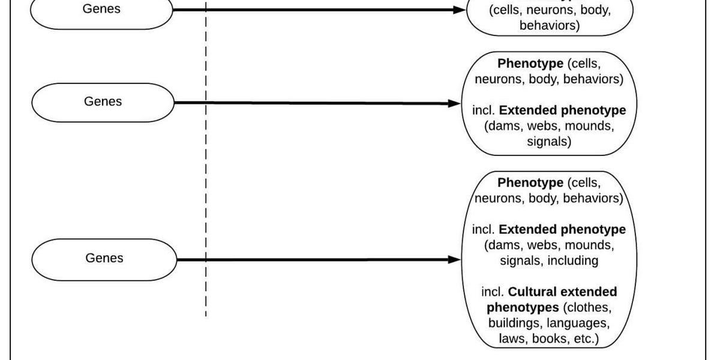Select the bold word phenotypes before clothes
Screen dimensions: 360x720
pyautogui.click(x=523, y=308)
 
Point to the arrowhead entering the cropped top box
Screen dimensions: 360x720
pyautogui.click(x=459, y=10)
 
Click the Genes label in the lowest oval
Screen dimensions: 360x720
pyautogui.click(x=104, y=258)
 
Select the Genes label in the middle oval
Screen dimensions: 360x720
pyautogui.click(x=103, y=101)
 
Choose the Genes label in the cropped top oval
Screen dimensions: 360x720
pyautogui.click(x=101, y=8)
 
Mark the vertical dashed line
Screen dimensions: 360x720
pyautogui.click(x=206, y=180)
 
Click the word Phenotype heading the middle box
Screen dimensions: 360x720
pyautogui.click(x=530, y=64)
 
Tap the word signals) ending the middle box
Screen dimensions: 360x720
pyautogui.click(x=549, y=142)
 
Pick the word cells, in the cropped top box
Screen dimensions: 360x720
pyautogui.click(x=509, y=11)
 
